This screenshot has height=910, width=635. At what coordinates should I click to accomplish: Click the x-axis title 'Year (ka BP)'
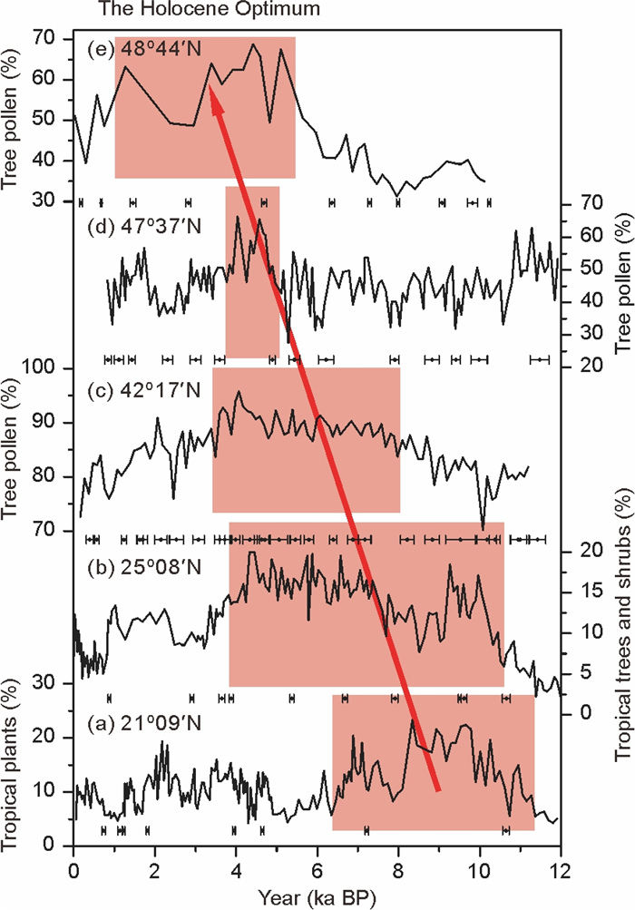(x=317, y=895)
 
